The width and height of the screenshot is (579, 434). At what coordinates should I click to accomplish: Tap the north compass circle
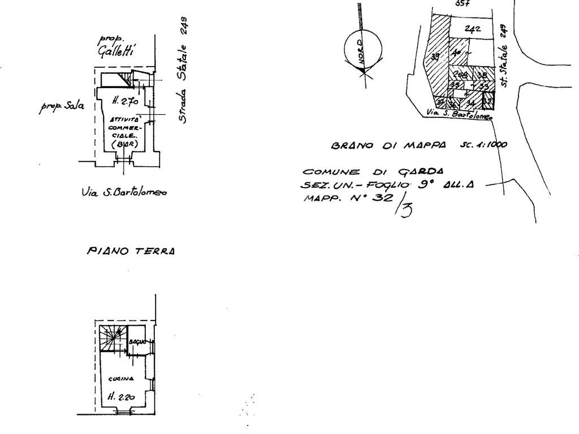(x=364, y=50)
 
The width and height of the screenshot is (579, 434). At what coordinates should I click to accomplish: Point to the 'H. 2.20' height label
(x=121, y=397)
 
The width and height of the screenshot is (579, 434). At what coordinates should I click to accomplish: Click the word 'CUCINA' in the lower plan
(x=122, y=379)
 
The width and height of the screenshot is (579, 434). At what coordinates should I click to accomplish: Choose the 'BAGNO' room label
(x=137, y=342)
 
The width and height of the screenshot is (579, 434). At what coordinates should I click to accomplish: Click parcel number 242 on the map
(x=473, y=29)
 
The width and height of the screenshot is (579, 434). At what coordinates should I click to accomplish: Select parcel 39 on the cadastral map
(x=435, y=57)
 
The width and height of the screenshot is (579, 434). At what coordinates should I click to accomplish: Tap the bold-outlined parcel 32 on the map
(x=487, y=102)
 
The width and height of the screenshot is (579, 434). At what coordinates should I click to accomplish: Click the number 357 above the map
(x=462, y=3)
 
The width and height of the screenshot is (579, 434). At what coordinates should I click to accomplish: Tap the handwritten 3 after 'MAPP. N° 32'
(x=407, y=210)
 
